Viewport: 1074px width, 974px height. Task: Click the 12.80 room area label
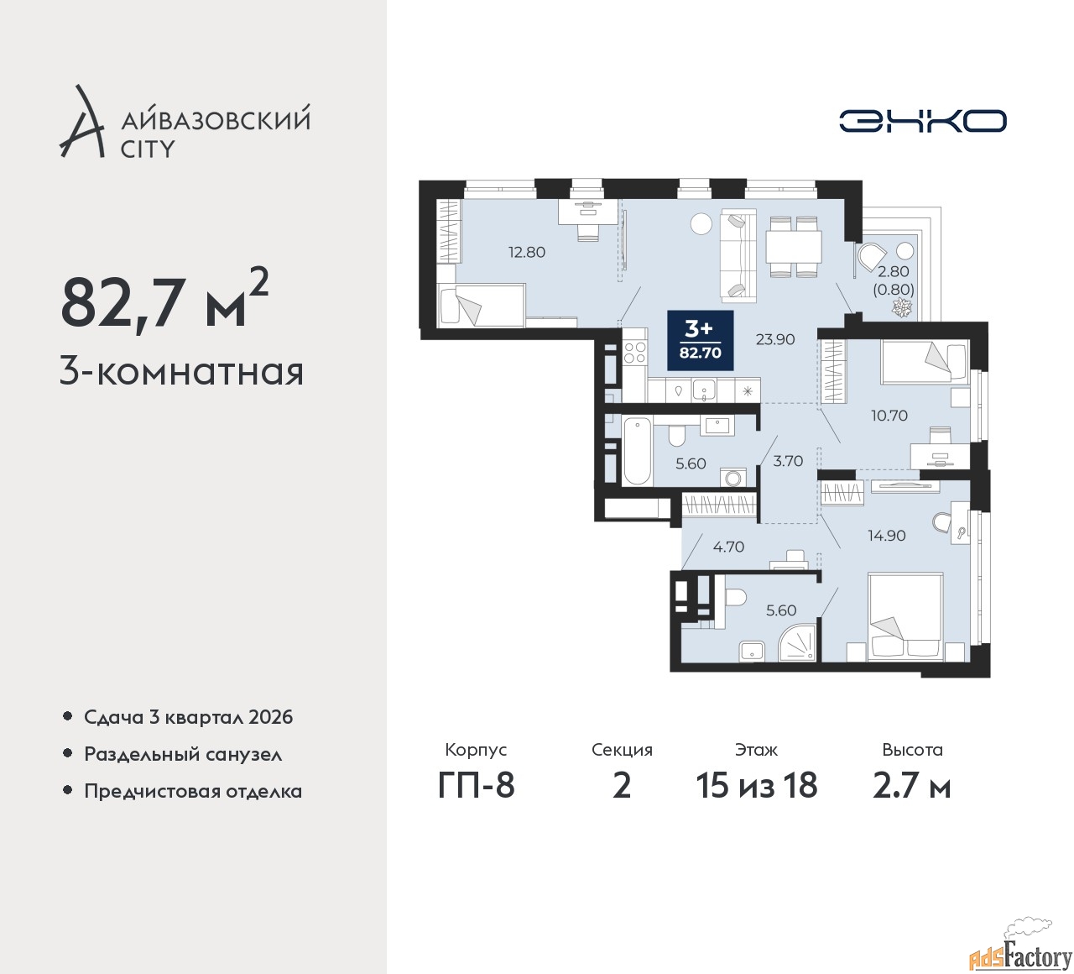[x=527, y=252]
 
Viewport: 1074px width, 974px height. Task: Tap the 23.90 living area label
[x=775, y=339]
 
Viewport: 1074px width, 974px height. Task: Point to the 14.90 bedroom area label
[x=887, y=535]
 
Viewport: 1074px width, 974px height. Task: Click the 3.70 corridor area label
[x=788, y=461]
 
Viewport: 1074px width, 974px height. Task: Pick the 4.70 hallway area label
[x=728, y=547]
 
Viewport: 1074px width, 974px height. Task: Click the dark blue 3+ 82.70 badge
[x=701, y=340]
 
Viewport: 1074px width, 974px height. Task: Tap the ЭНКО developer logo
[x=922, y=121]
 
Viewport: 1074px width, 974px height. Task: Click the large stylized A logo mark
[x=81, y=121]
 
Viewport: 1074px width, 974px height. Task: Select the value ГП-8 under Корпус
[x=476, y=785]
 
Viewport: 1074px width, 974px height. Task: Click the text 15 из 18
[x=757, y=785]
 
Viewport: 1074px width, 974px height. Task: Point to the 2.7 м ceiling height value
[x=912, y=785]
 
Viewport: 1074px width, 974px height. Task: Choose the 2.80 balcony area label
[x=894, y=271]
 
